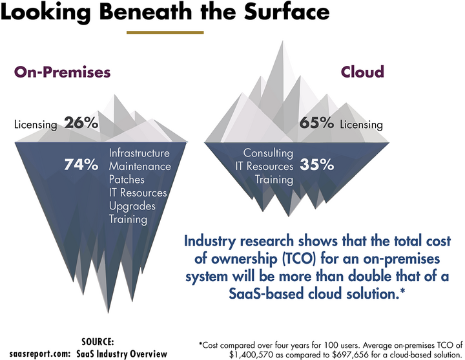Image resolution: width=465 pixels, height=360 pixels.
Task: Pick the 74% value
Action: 81,165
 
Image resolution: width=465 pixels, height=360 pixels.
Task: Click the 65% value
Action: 316,123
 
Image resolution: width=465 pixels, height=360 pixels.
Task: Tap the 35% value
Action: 316,165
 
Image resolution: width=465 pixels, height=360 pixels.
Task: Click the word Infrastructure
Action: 139,153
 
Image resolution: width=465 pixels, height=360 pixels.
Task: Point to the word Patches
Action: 127,180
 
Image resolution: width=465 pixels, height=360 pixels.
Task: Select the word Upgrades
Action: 132,206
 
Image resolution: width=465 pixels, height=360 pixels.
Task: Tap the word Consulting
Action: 268,153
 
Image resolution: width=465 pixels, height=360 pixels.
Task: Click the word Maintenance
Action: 139,167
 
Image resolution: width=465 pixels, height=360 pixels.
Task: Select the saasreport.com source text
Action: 36,354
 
